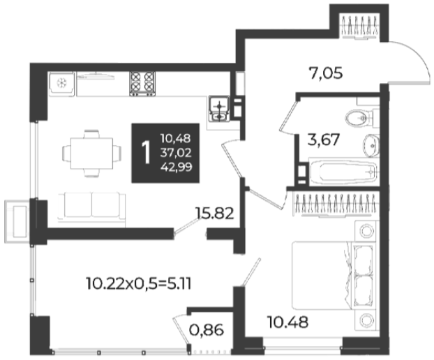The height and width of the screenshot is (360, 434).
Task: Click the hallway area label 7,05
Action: click(x=325, y=73)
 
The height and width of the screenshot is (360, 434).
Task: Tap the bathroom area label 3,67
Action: click(x=324, y=140)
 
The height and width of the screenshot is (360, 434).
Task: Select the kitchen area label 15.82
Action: click(x=214, y=213)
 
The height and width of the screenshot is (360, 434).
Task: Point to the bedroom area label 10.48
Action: click(x=287, y=322)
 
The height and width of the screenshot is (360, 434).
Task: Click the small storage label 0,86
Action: click(x=207, y=330)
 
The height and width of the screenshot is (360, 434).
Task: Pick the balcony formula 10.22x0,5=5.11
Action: click(x=139, y=284)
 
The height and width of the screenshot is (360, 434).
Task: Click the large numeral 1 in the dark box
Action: click(x=146, y=153)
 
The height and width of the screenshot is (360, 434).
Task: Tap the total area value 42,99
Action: click(x=177, y=167)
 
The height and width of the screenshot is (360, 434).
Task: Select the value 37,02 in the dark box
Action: click(x=176, y=153)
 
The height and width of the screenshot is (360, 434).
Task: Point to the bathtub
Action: click(x=343, y=172)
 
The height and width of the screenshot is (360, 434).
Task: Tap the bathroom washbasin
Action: click(x=371, y=146)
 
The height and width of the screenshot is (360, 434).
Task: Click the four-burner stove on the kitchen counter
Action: click(x=142, y=84)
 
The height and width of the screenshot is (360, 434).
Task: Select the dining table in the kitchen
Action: click(x=91, y=153)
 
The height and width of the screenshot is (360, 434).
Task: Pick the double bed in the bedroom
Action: click(x=334, y=276)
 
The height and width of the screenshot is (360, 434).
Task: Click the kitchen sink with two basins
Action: click(x=219, y=109)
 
